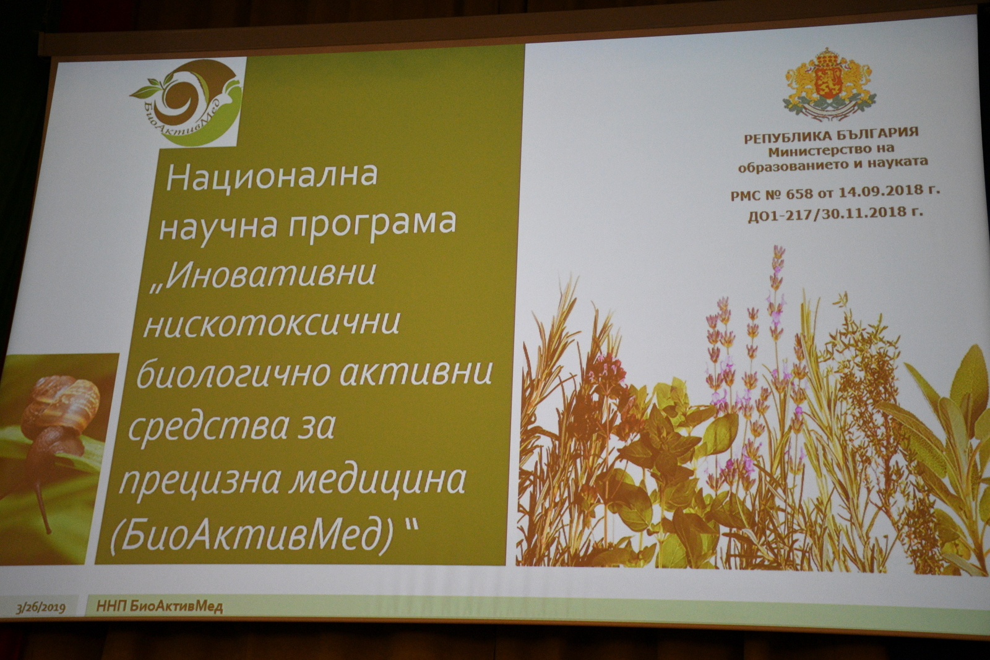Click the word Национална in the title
click(x=272, y=176)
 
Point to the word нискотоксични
click(x=272, y=324)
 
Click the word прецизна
click(x=199, y=481)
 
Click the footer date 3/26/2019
click(x=41, y=609)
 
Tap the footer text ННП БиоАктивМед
click(x=160, y=607)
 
